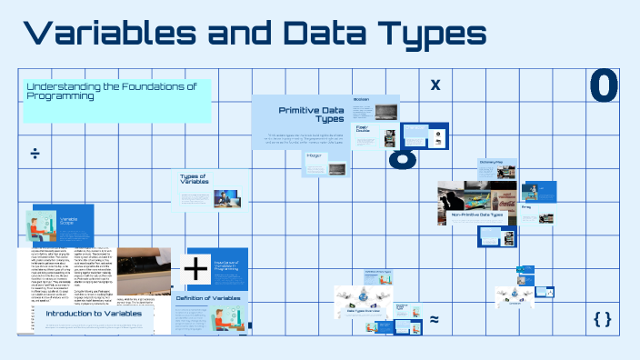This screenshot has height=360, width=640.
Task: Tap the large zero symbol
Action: coord(604,85)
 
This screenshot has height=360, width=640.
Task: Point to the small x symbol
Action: coord(435,85)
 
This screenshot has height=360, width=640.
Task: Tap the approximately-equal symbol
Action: coord(434,319)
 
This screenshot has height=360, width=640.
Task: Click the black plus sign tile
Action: coord(196,269)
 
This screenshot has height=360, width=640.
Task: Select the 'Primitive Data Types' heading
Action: coord(311,114)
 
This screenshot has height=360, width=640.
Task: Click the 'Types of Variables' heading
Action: coord(195,179)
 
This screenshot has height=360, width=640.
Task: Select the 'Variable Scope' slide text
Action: coord(69,221)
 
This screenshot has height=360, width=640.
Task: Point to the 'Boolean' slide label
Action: coord(361,99)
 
